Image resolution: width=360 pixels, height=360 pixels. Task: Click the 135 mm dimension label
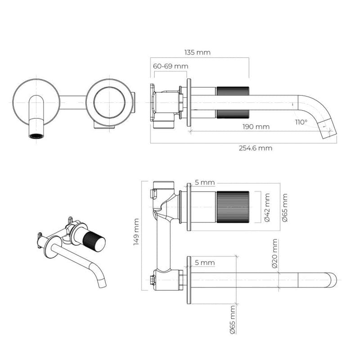click(197, 52)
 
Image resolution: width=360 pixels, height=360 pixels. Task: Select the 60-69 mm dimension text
click(171, 66)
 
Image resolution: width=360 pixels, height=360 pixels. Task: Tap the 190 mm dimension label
click(256, 126)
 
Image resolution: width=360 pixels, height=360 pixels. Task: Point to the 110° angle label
click(301, 121)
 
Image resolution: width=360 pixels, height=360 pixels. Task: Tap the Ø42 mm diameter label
click(268, 207)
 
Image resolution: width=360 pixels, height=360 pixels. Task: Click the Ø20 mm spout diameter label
click(275, 254)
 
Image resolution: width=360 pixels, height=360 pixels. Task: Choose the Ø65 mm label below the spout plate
click(232, 319)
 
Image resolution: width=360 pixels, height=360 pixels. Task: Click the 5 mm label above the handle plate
click(205, 183)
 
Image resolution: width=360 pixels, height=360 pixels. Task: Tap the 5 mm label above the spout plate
click(205, 262)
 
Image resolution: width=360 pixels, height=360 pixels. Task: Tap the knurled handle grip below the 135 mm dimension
click(232, 102)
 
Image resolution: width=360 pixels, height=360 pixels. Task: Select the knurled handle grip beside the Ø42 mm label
click(233, 207)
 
